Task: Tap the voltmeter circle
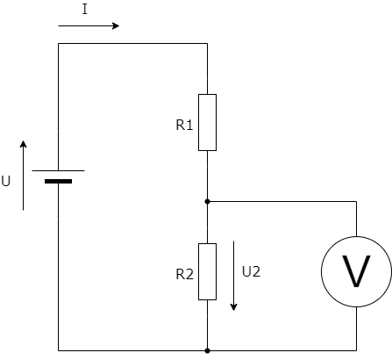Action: [x=322, y=271]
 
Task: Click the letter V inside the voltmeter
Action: [x=356, y=271]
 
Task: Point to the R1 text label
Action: [x=184, y=125]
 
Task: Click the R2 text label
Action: [x=185, y=274]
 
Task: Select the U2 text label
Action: [x=251, y=271]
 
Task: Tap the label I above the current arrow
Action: [x=85, y=9]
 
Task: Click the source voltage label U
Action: [x=6, y=181]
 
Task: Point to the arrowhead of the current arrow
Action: [x=116, y=25]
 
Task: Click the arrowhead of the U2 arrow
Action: [x=233, y=307]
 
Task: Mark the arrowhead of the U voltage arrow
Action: [x=23, y=144]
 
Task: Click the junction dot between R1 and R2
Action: [x=207, y=201]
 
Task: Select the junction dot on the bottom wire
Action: [x=207, y=350]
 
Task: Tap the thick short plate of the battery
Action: [x=58, y=182]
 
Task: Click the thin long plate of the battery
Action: [x=58, y=170]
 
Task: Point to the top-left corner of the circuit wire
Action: [x=58, y=44]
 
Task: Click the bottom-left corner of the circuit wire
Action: [x=58, y=350]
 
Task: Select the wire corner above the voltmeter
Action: [x=356, y=201]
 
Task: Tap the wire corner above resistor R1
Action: [x=207, y=44]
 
